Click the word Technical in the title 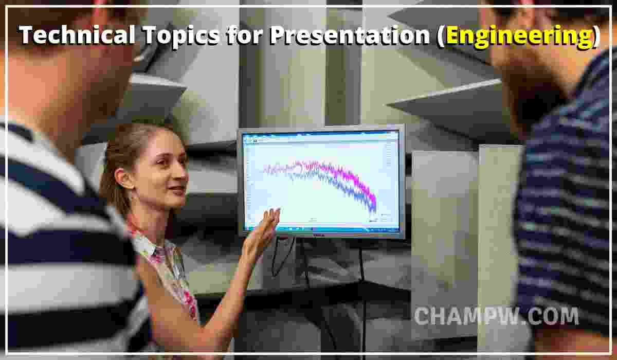click(66, 35)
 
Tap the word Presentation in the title click(350, 35)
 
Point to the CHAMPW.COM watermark click(496, 316)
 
